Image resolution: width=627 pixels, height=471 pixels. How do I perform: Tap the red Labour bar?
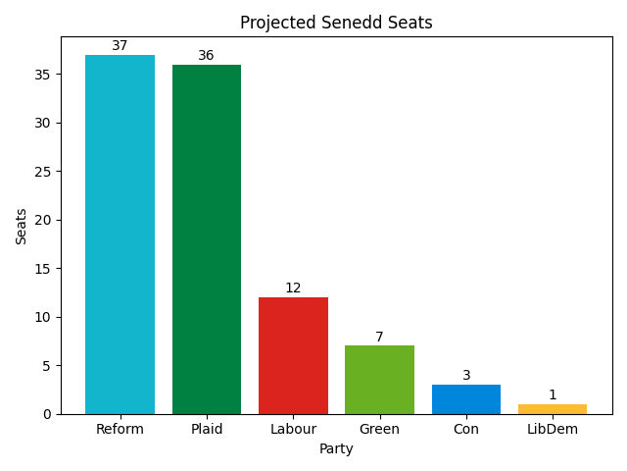(293, 355)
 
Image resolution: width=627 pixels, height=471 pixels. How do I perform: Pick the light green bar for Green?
(379, 380)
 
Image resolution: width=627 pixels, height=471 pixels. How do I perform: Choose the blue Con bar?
(465, 399)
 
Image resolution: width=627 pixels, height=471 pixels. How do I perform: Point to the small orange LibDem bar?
(553, 409)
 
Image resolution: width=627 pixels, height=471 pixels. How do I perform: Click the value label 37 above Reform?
(120, 46)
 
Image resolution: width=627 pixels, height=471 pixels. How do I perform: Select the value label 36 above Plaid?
(206, 56)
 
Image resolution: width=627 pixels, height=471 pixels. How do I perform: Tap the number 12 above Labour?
(293, 288)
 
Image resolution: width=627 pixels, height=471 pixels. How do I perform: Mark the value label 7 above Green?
(379, 338)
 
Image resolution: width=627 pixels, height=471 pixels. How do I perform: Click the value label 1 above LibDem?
(553, 395)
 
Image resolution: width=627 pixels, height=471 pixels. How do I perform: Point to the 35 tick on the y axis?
(46, 75)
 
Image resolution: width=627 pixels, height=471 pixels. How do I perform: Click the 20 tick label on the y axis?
(46, 220)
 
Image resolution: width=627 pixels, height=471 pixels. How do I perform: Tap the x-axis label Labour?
(293, 430)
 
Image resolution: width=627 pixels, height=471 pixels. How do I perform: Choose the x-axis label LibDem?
(553, 430)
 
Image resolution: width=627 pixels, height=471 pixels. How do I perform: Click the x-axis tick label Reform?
(120, 430)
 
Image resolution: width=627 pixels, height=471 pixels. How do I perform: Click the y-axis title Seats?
(22, 226)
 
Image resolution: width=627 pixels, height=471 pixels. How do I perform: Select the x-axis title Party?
(336, 449)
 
